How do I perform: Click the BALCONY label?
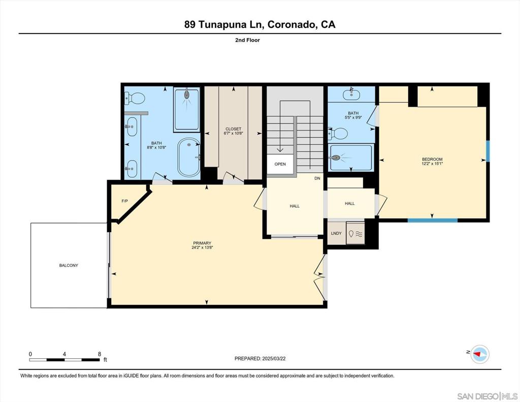[x=69, y=265]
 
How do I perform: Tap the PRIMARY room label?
[x=202, y=243]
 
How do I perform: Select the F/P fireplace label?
[x=125, y=201]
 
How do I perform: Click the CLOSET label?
[x=234, y=129]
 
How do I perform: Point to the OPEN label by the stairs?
[x=280, y=164]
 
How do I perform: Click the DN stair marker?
[x=317, y=178]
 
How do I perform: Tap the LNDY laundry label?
[x=336, y=233]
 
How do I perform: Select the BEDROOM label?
[x=432, y=159]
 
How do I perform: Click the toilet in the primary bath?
[x=135, y=98]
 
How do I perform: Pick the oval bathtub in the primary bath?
[x=189, y=158]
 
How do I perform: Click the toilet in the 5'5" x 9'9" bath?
[x=338, y=134]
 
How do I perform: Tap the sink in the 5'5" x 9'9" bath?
[x=351, y=94]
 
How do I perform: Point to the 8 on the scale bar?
[x=100, y=354]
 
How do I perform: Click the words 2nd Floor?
[x=247, y=40]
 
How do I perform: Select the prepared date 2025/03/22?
[x=274, y=358]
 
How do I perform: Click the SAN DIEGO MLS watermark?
[x=487, y=396]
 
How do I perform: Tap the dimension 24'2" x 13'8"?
[x=202, y=248]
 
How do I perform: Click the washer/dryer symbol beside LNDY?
[x=355, y=233]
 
